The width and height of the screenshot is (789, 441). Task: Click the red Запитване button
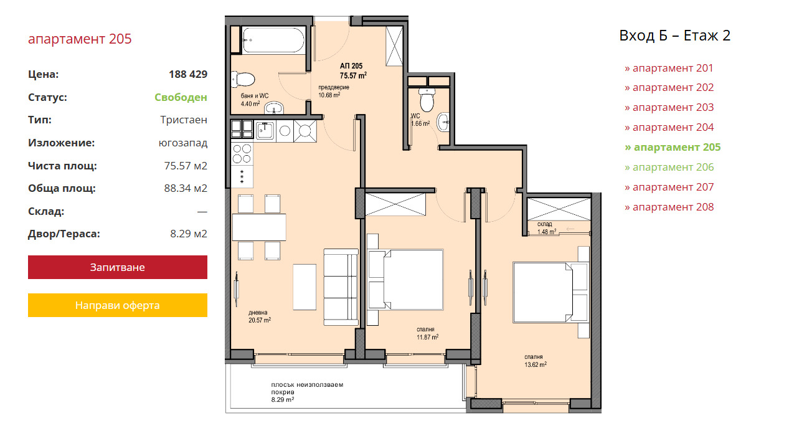[118, 267]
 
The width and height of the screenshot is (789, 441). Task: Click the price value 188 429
[188, 74]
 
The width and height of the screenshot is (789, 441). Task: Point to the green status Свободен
[181, 97]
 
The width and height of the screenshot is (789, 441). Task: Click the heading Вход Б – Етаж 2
[675, 36]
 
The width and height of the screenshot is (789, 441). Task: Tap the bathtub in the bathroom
[273, 40]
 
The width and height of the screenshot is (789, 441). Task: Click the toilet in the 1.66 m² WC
[427, 100]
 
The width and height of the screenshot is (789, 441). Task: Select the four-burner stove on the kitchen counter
[242, 154]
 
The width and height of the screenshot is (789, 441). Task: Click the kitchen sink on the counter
[265, 130]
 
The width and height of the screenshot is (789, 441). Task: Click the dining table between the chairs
[259, 227]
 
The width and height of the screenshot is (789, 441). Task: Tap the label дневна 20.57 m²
[260, 316]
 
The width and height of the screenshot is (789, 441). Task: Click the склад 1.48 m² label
[546, 228]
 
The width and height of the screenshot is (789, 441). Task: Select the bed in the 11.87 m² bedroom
[405, 280]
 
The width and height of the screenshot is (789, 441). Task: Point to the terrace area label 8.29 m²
[283, 400]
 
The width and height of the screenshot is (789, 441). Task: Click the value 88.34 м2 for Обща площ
[186, 189]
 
